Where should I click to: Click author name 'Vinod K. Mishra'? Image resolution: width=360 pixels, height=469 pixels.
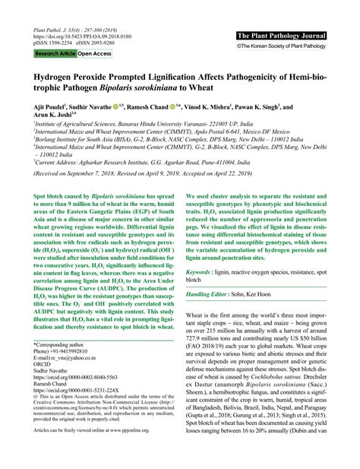(x=216, y=108)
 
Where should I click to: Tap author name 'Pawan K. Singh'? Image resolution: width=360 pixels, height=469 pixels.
(x=275, y=108)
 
